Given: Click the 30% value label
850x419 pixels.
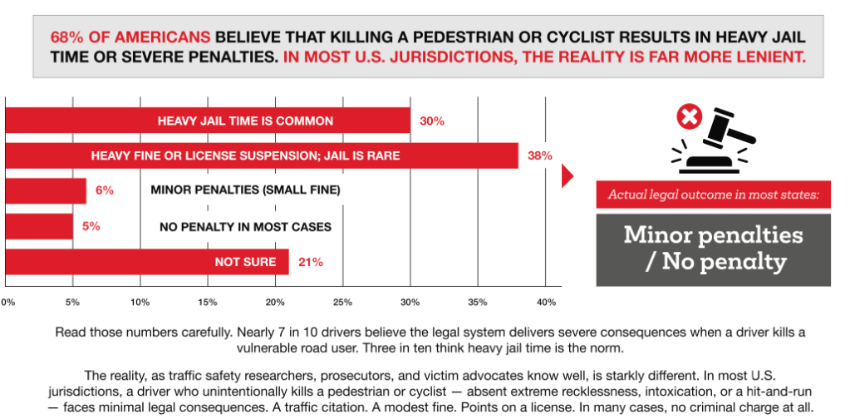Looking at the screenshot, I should [431, 121].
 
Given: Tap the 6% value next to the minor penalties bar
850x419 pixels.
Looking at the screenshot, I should [104, 190].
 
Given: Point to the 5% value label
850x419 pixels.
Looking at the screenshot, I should [91, 226].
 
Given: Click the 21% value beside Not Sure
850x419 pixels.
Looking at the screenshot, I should [310, 262].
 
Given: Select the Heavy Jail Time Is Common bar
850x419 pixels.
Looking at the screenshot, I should [208, 121].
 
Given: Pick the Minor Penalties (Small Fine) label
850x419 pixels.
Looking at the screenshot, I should [245, 190].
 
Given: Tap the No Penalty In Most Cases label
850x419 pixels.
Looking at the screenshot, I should [245, 226].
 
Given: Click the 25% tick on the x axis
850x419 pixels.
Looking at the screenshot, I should [342, 301].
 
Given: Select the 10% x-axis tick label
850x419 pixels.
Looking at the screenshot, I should [140, 301].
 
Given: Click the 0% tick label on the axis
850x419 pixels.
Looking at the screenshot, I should [7, 301].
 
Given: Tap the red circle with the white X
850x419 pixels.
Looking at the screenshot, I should [689, 118].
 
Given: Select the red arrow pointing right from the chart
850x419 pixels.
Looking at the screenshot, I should [568, 176].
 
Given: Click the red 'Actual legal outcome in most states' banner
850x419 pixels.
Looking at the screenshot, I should [714, 195].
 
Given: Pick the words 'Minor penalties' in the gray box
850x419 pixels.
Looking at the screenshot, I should [714, 235].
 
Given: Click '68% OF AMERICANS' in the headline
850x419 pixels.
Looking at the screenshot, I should [130, 38].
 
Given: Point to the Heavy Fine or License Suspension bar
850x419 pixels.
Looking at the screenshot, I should [262, 155].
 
